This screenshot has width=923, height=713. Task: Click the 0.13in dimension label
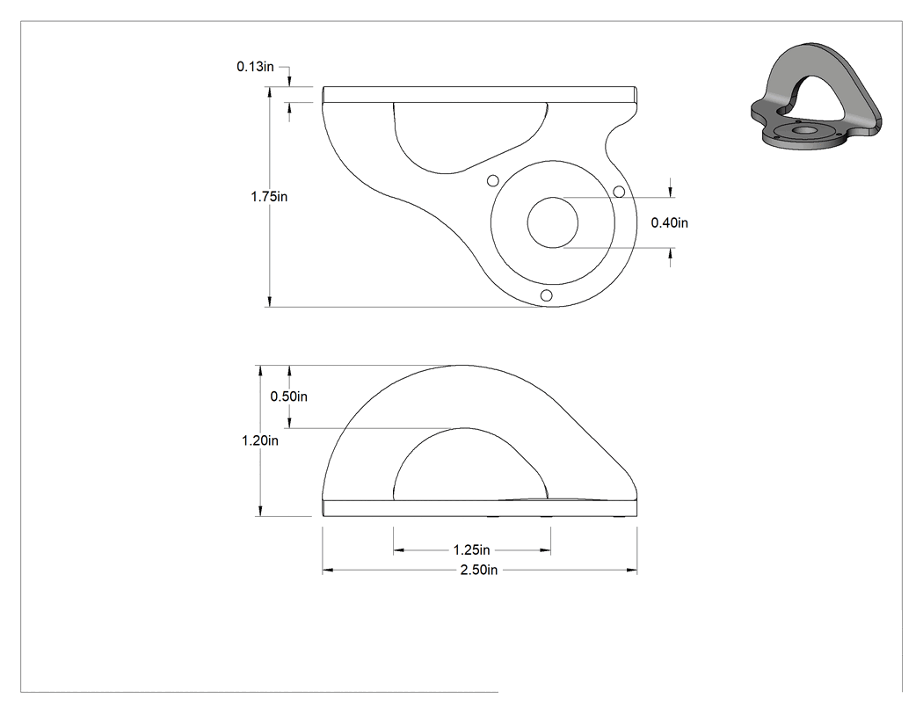(255, 67)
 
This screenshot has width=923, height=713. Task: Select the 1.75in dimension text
(269, 197)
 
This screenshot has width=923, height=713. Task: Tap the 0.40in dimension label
(669, 222)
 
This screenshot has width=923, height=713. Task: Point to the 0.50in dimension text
(288, 397)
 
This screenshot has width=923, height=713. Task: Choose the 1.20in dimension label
(259, 440)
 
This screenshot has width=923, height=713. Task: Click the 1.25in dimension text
(471, 549)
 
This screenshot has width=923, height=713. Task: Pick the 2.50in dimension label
(478, 570)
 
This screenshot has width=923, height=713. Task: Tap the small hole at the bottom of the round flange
(546, 295)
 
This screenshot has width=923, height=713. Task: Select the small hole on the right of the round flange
(619, 192)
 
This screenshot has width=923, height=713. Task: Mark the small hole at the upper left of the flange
(493, 180)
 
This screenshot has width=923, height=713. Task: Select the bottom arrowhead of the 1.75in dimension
(270, 302)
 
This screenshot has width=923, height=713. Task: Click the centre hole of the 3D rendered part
(801, 129)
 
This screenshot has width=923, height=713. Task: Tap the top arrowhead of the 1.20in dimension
(259, 370)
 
